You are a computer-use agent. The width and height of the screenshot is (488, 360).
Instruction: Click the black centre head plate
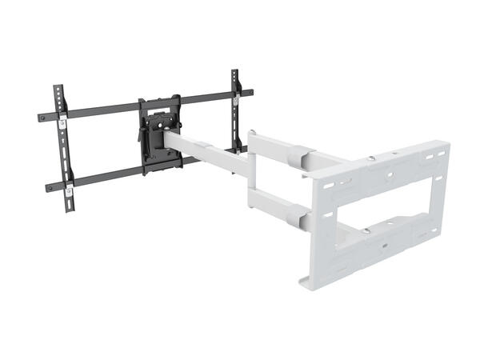(x=159, y=134)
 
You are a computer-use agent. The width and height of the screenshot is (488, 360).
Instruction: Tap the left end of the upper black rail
(x=42, y=118)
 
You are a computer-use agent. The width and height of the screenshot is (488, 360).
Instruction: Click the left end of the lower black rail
(x=50, y=189)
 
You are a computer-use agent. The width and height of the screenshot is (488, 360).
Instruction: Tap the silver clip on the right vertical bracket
(x=238, y=100)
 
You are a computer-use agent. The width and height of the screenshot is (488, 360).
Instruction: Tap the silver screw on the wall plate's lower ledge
(x=366, y=232)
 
